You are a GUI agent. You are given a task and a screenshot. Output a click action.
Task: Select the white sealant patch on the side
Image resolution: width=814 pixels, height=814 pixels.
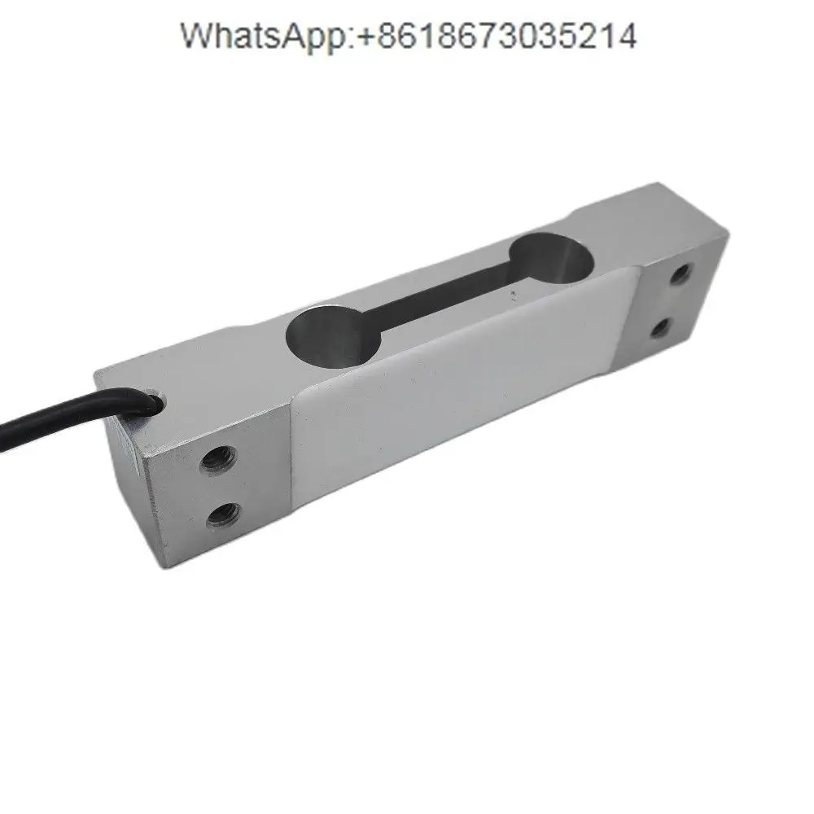point(456,383)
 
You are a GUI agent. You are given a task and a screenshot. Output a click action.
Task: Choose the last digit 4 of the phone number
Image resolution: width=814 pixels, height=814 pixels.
point(627,37)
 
